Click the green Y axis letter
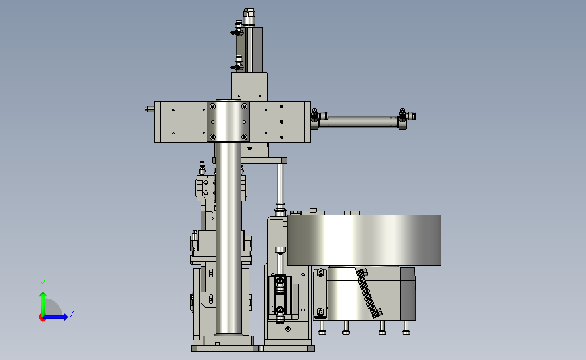click(x=43, y=284)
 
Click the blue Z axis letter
click(x=72, y=313)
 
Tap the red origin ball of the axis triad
click(x=42, y=317)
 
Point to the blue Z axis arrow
click(x=55, y=317)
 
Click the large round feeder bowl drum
click(x=364, y=240)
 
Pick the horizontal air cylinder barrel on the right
click(x=361, y=122)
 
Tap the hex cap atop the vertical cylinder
click(x=249, y=14)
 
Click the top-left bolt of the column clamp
click(x=212, y=107)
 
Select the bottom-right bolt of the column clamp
click(x=245, y=137)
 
